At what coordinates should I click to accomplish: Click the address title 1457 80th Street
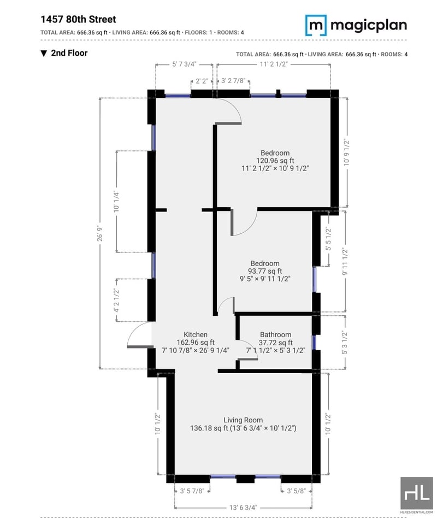(78, 19)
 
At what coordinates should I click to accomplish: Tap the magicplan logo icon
(316, 25)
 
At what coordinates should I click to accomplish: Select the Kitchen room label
(196, 334)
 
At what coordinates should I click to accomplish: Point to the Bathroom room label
(275, 334)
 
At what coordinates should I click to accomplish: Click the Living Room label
(243, 420)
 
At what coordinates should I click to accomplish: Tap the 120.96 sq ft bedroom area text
(275, 161)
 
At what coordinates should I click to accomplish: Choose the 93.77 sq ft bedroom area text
(265, 271)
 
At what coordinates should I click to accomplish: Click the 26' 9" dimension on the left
(100, 233)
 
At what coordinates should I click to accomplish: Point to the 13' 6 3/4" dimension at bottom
(243, 507)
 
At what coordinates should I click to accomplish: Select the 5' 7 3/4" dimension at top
(184, 64)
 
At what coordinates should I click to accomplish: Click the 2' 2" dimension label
(202, 81)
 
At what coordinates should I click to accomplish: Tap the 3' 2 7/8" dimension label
(233, 81)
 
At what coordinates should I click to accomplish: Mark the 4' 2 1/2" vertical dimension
(116, 300)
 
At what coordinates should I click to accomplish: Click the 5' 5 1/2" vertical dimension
(328, 239)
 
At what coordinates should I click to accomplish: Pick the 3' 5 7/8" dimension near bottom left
(192, 491)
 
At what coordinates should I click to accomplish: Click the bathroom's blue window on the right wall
(314, 343)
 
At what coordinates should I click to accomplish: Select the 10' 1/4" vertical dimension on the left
(116, 201)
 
